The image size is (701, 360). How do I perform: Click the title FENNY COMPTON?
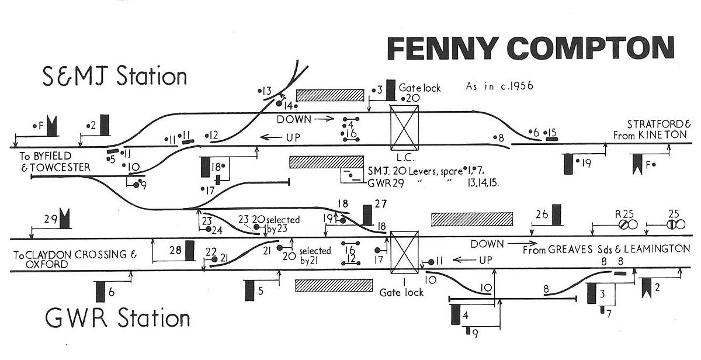tap(530, 49)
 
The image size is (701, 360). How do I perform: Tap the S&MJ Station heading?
tap(114, 77)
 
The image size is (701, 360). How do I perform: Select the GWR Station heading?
tap(117, 319)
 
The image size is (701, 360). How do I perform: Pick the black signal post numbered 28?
tap(190, 250)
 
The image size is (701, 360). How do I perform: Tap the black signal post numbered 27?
tap(367, 214)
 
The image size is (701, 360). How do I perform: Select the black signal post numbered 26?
tap(557, 214)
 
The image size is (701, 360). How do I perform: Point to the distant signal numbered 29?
tap(64, 219)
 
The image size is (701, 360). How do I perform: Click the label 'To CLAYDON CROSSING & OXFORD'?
tap(75, 259)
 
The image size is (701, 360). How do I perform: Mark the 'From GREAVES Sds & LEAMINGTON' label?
tap(606, 249)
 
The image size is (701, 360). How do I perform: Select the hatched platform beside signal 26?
tap(472, 219)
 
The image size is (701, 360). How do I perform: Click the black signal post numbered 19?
tap(568, 164)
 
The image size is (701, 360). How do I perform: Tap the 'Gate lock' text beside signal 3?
tap(419, 88)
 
